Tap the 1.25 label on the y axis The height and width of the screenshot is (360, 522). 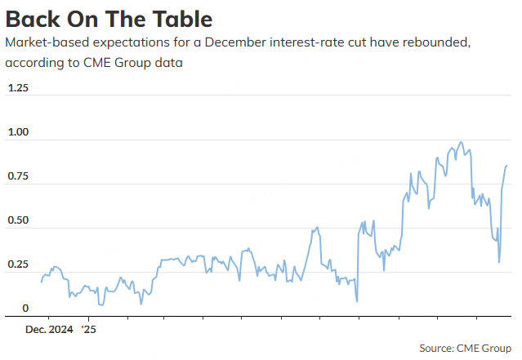tap(17, 87)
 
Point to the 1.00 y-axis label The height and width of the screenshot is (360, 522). tap(18, 132)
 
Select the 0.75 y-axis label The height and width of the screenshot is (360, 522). tap(18, 176)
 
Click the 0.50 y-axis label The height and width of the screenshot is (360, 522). tap(18, 220)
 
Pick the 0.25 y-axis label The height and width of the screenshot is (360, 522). tap(18, 264)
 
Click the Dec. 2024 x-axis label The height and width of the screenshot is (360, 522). tap(49, 330)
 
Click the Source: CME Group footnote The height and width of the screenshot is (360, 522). tap(465, 349)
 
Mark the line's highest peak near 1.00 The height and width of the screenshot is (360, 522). tap(462, 142)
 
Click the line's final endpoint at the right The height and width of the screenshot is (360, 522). tap(507, 166)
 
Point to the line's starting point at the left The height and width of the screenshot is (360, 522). tap(41, 282)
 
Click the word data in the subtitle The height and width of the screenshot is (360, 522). tap(169, 62)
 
